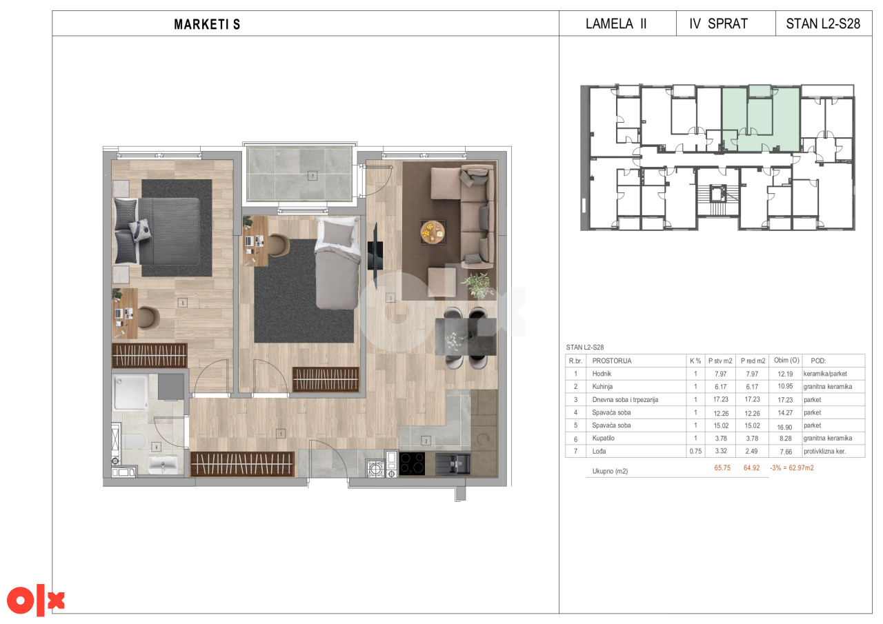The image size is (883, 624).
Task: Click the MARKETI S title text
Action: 207,24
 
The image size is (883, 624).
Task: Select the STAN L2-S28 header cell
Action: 823,23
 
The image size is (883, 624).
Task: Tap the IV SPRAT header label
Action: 718,23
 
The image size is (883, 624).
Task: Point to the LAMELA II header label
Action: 616,23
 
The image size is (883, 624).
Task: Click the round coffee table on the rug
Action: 433,232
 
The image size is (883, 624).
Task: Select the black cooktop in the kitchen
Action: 412,463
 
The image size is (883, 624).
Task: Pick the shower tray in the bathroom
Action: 130,393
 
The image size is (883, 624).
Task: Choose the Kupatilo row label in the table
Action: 603,438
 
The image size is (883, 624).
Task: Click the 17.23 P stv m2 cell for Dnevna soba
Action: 721,399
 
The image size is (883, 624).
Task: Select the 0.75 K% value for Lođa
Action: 695,452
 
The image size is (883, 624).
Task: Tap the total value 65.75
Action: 722,468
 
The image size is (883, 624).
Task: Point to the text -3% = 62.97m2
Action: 791,468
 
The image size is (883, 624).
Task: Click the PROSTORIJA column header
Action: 611,361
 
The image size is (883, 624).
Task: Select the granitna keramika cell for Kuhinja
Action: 828,387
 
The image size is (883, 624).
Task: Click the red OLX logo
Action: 35,601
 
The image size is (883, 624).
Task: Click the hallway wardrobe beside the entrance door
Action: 242,464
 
